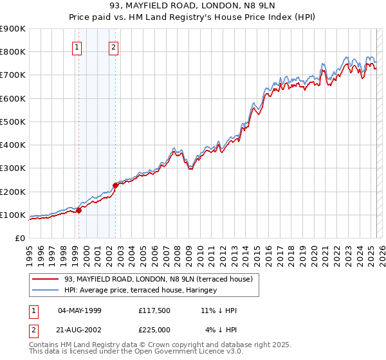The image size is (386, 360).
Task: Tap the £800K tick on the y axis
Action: [13, 52]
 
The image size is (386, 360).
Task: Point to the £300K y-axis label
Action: [13, 168]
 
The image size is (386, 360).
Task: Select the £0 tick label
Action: [20, 239]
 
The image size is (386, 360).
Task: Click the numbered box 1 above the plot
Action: [78, 46]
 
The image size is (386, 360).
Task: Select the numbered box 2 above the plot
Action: [114, 46]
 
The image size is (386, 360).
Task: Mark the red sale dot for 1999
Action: [78, 210]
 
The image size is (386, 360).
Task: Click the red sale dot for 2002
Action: [116, 185]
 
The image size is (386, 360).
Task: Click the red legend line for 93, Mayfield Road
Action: [46, 279]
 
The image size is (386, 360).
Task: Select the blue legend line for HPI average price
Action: [46, 290]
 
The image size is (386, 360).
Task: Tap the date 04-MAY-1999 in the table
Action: [80, 310]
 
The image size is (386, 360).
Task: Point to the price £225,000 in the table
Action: [154, 330]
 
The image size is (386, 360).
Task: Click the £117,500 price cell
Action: [154, 310]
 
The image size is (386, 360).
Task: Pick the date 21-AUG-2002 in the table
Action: [80, 330]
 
